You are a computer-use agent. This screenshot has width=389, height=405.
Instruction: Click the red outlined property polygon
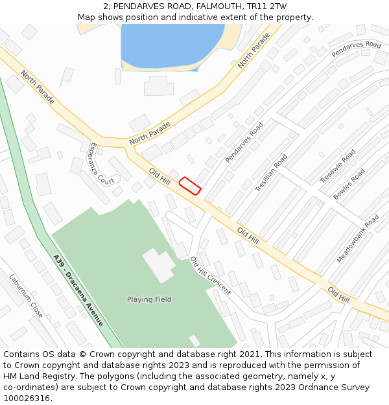tap(190, 185)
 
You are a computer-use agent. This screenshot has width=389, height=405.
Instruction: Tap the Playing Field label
tap(149, 299)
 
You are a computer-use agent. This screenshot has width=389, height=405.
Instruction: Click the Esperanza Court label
tap(102, 163)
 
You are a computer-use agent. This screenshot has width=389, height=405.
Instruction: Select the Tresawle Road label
tap(338, 167)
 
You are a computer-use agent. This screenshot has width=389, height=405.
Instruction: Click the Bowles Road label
tap(349, 184)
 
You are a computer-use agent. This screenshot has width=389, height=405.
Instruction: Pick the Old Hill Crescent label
tap(210, 275)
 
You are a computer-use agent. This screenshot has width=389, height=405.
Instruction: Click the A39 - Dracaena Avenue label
tap(78, 290)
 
